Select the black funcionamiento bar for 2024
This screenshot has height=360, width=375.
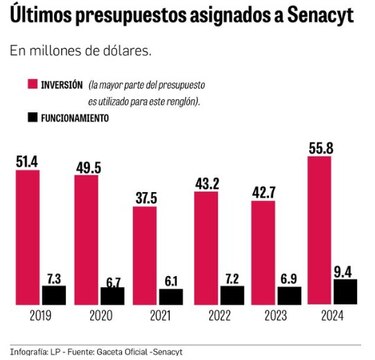coord(345,292)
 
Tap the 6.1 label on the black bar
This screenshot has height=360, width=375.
coord(171,281)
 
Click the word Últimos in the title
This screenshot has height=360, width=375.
coord(41,16)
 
